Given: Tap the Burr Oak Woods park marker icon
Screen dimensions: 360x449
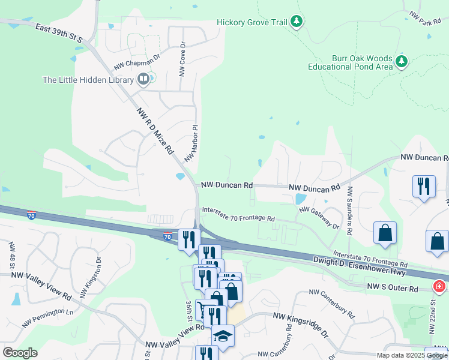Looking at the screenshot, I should (402, 61).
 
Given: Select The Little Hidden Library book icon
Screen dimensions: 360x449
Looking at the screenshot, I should (143, 79).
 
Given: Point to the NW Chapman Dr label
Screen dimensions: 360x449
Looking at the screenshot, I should (137, 62).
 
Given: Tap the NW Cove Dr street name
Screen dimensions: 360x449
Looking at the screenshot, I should (182, 58).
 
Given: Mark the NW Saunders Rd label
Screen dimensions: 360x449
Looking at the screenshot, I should (349, 210).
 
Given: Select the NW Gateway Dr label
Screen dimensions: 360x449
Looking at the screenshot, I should (319, 218).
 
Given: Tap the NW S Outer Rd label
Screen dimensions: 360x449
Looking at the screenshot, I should (393, 289).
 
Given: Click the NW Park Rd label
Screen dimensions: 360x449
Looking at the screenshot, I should (425, 18).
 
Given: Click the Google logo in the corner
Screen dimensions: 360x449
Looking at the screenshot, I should (20, 352).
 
